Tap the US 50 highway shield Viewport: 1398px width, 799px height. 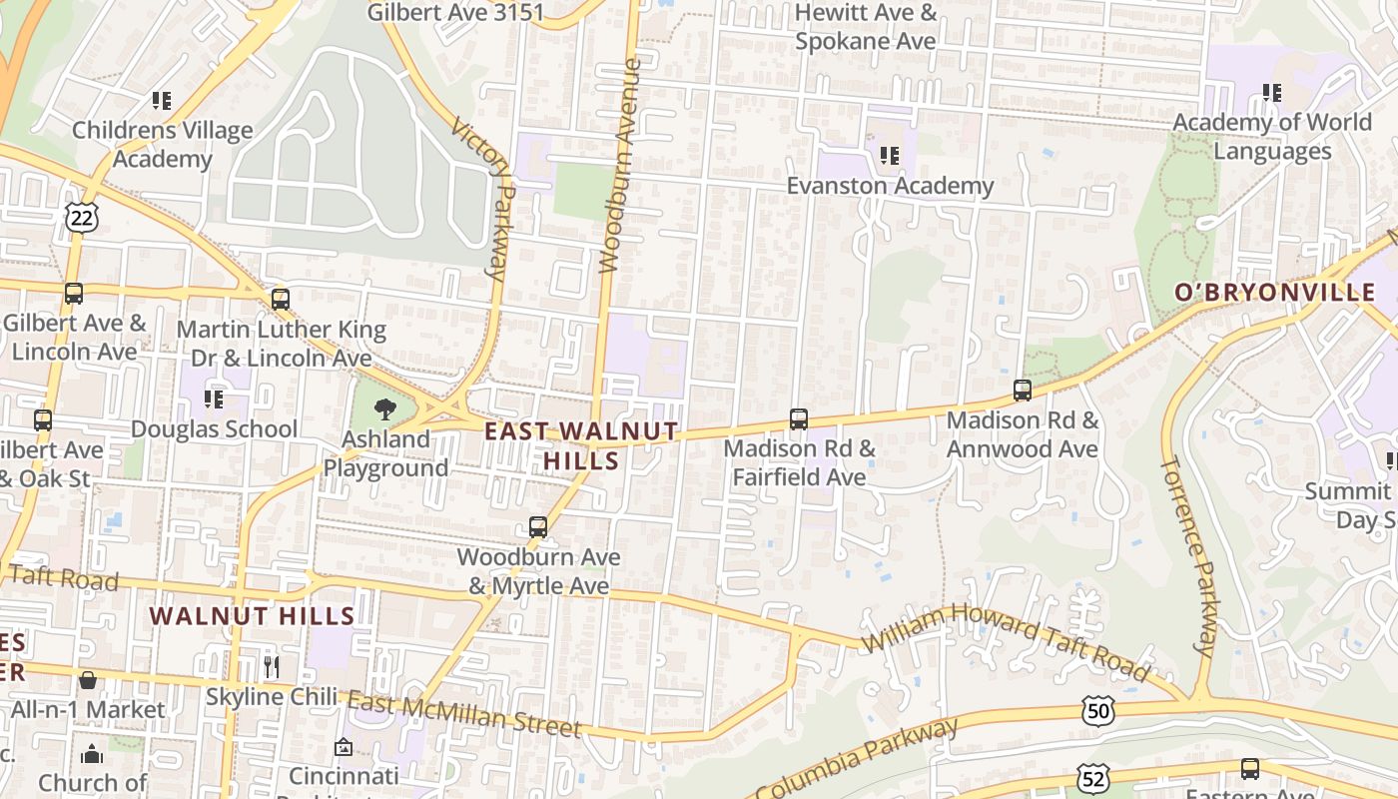pyautogui.click(x=1097, y=711)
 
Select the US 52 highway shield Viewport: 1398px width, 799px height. pyautogui.click(x=1091, y=777)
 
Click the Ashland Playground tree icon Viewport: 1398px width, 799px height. pyautogui.click(x=384, y=409)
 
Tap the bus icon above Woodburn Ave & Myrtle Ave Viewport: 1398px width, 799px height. pyautogui.click(x=538, y=527)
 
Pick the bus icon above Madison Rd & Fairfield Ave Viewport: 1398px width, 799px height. pyautogui.click(x=799, y=419)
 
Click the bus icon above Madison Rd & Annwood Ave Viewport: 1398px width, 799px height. pyautogui.click(x=1023, y=391)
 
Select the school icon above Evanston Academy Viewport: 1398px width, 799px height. pyautogui.click(x=890, y=156)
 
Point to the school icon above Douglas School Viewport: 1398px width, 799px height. pyautogui.click(x=214, y=399)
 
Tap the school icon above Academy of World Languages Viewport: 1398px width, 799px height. pyautogui.click(x=1272, y=93)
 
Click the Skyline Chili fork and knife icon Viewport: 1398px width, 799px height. pyautogui.click(x=272, y=666)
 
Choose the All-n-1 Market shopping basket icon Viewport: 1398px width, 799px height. pyautogui.click(x=89, y=681)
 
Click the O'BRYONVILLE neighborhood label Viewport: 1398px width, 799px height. pyautogui.click(x=1275, y=293)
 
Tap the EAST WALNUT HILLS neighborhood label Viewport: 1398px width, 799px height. pyautogui.click(x=581, y=445)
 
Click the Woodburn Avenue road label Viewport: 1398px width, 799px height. pyautogui.click(x=619, y=166)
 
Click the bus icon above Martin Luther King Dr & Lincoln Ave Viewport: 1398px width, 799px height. pyautogui.click(x=281, y=299)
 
